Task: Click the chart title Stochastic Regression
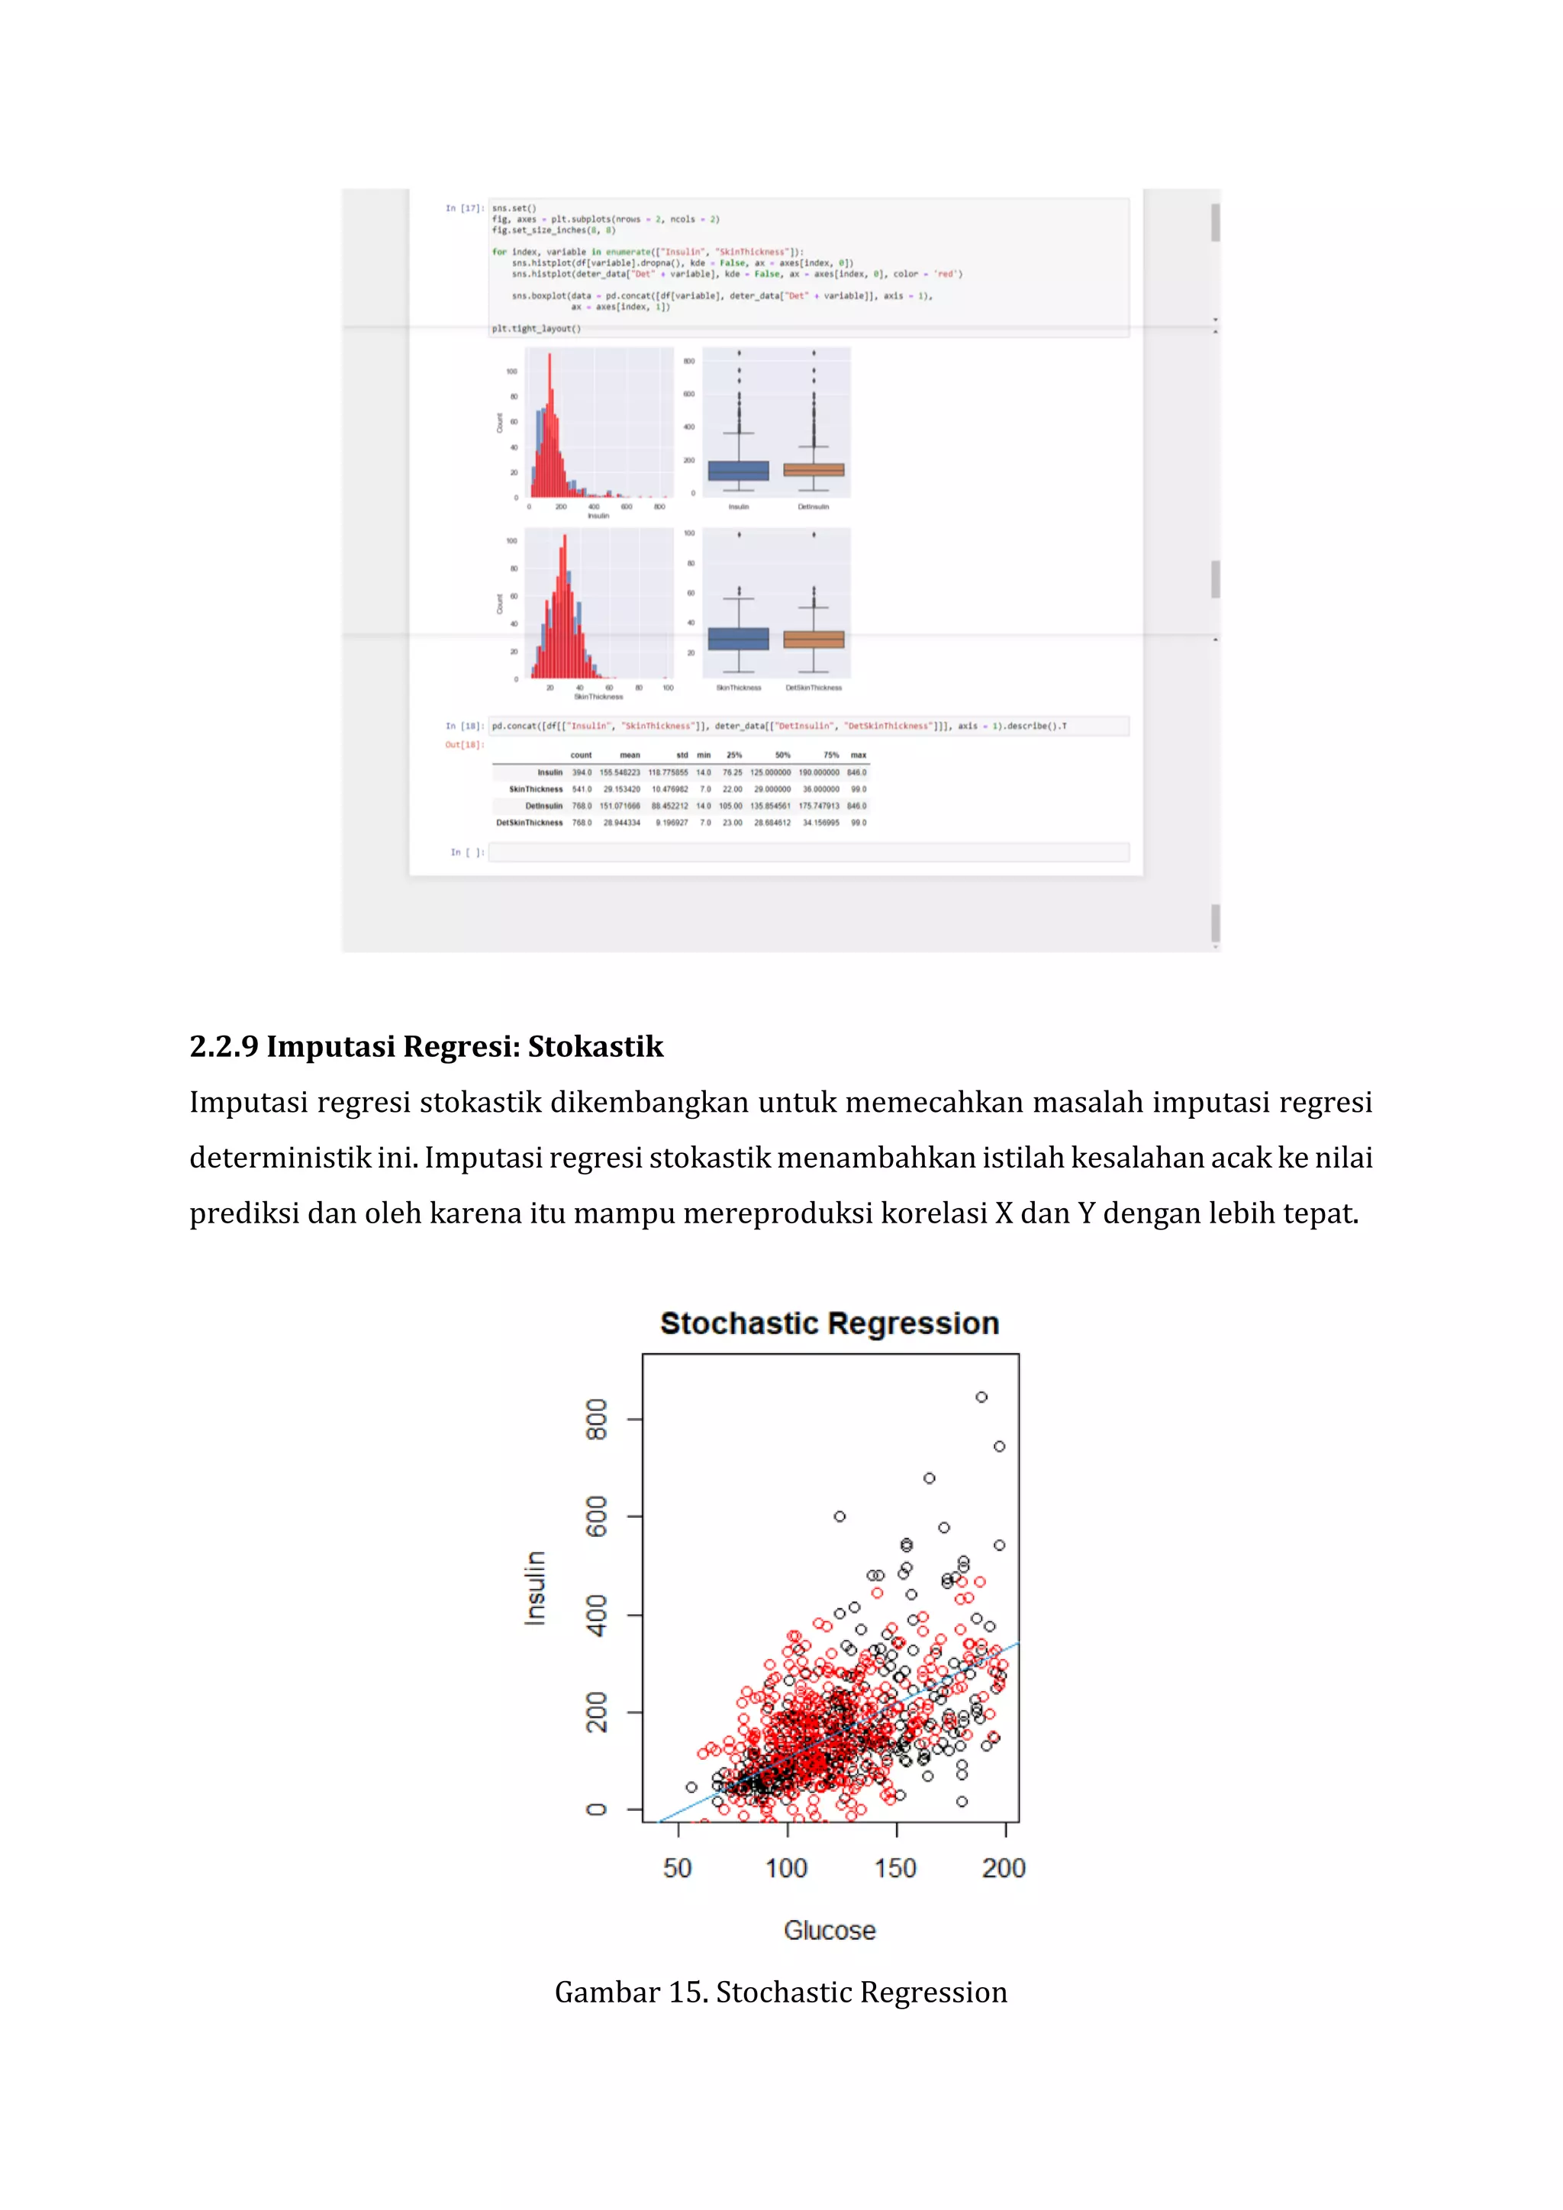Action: click(829, 1323)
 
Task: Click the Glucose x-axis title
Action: click(830, 1930)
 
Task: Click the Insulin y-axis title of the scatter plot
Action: click(535, 1587)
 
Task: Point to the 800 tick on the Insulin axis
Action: click(597, 1419)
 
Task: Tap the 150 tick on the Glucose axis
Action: click(895, 1868)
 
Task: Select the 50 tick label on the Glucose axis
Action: click(678, 1868)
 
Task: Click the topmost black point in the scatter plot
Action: click(981, 1397)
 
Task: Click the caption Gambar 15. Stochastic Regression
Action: click(781, 1993)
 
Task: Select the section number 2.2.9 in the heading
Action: click(224, 1046)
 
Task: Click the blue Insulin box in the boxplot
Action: click(738, 471)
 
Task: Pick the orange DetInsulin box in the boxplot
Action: click(814, 471)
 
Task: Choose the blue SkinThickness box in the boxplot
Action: click(738, 639)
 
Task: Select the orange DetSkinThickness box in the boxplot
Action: click(814, 640)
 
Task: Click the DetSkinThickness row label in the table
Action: click(530, 823)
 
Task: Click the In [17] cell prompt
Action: click(464, 208)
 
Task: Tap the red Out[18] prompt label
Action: click(464, 745)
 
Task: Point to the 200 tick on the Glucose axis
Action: click(1004, 1868)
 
